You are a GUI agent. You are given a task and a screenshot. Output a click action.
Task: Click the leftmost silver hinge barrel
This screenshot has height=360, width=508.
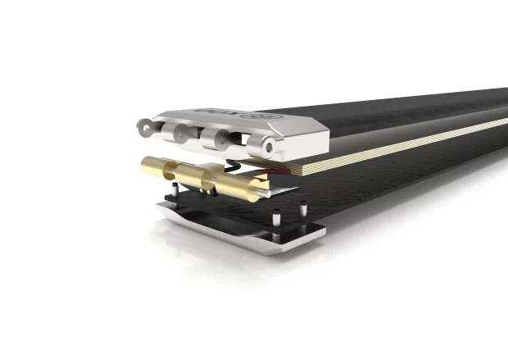coord(146,125)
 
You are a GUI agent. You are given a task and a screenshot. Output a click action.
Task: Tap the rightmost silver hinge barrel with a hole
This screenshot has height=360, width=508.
coord(261,148)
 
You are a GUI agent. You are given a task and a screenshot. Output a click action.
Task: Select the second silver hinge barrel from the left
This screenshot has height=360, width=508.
coord(179,132)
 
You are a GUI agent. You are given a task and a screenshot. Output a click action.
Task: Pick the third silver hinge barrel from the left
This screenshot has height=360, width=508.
coord(215,139)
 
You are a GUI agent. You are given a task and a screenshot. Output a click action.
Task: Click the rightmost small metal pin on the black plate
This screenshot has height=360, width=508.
coord(304,209)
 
